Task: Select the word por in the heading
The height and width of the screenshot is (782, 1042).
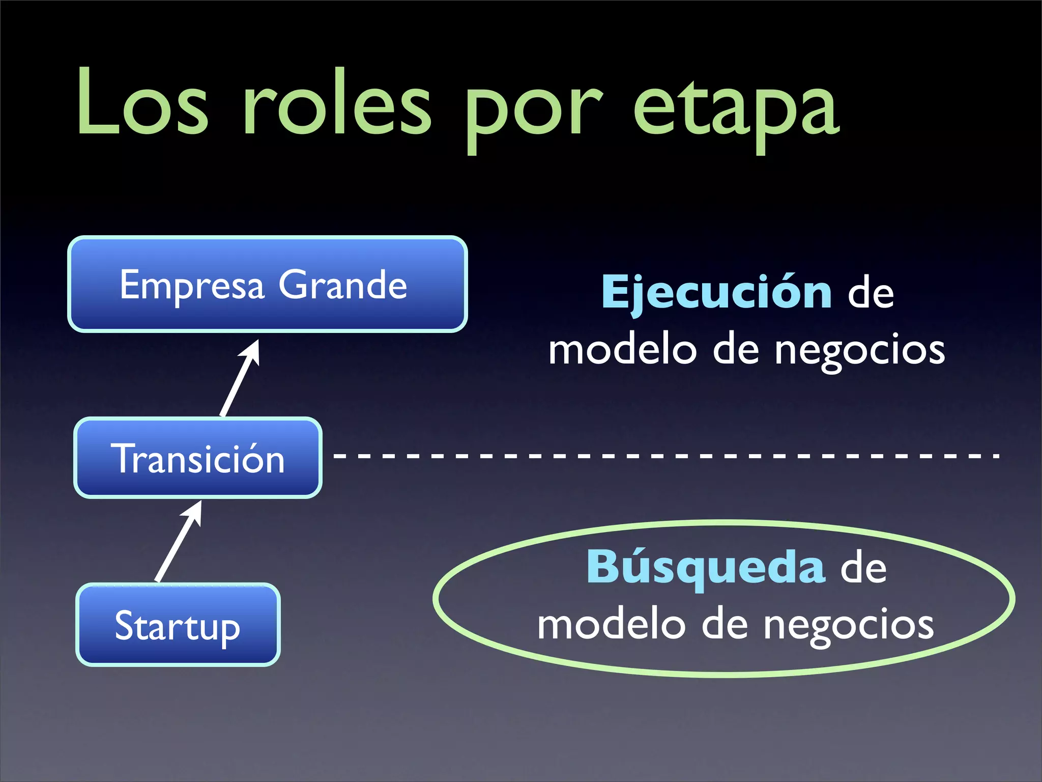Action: (534, 109)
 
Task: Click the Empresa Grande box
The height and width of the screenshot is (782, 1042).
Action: (268, 284)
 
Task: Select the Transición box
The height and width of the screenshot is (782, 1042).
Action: (198, 457)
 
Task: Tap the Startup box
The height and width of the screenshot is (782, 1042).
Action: (178, 625)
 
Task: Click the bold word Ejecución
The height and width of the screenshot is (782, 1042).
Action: (716, 293)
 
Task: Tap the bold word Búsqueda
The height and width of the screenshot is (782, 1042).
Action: (706, 568)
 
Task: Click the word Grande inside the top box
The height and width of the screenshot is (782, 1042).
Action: (343, 285)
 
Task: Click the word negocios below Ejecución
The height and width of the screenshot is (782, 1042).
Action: (860, 351)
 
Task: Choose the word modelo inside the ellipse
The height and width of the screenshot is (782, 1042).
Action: (611, 625)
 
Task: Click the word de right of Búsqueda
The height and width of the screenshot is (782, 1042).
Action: (863, 568)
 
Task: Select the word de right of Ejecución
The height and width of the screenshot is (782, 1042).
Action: (871, 294)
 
